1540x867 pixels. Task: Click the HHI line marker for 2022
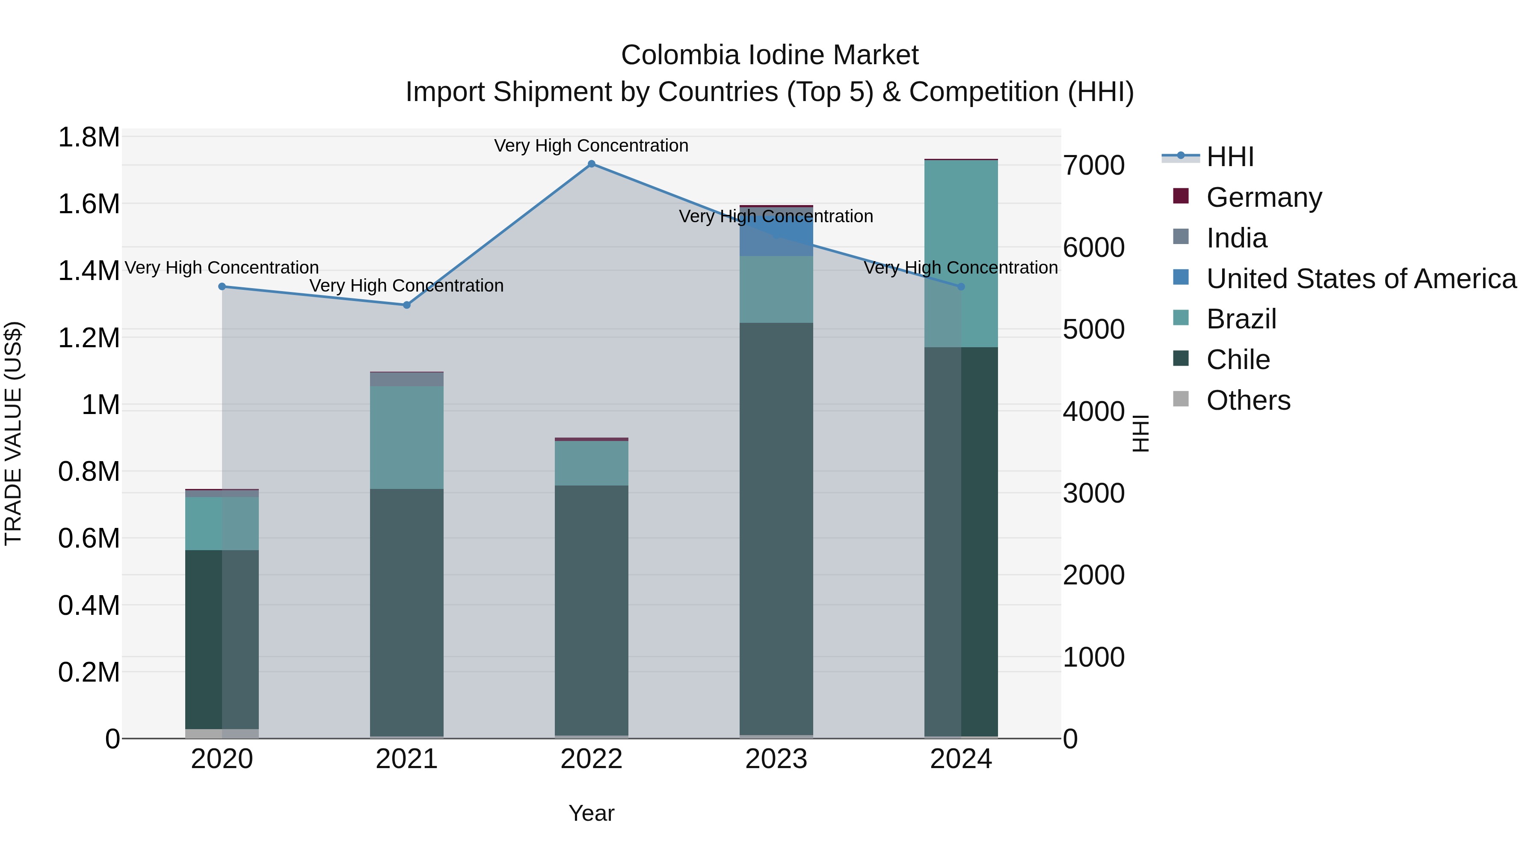tap(591, 164)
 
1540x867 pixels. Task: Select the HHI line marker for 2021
tap(406, 305)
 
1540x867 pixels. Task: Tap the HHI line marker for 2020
tap(222, 286)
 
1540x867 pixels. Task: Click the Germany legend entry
tap(1264, 197)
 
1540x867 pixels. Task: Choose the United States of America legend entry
tap(1361, 279)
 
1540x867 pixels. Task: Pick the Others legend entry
tap(1248, 400)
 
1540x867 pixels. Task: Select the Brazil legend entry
tap(1241, 319)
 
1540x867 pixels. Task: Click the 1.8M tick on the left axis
tap(89, 137)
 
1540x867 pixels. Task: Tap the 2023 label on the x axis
tap(776, 759)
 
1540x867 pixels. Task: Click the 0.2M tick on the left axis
tap(89, 672)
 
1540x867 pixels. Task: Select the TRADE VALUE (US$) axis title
tap(13, 433)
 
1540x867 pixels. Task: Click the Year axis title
tap(591, 813)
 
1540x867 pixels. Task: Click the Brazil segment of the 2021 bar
tap(406, 438)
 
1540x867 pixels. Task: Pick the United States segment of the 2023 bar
tap(776, 232)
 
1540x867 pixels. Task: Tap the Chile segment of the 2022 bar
tap(591, 610)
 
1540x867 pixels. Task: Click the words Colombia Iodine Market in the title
tap(770, 55)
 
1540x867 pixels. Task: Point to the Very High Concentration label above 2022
tap(591, 146)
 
